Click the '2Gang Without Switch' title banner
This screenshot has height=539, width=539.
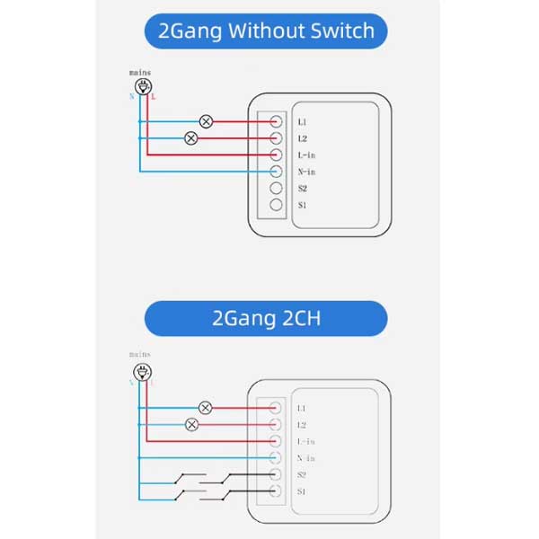[266, 31]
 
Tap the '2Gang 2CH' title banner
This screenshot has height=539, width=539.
[266, 318]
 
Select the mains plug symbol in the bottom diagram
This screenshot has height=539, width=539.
[140, 370]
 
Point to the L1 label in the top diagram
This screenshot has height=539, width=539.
[303, 121]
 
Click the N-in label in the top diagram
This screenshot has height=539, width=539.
[306, 172]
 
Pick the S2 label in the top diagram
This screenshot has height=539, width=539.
[303, 189]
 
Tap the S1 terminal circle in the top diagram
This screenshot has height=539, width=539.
[278, 206]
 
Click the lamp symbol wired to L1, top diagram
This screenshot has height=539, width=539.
[206, 121]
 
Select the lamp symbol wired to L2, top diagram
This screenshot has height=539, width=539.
[190, 138]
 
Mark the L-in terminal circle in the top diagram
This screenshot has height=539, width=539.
[278, 155]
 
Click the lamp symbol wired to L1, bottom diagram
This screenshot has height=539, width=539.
[206, 408]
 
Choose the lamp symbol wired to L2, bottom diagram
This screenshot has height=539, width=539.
[191, 424]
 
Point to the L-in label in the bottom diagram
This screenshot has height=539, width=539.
[305, 441]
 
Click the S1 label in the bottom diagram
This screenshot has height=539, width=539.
[303, 491]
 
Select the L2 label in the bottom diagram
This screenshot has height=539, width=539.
[302, 424]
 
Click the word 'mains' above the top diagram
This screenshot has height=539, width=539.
[140, 72]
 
